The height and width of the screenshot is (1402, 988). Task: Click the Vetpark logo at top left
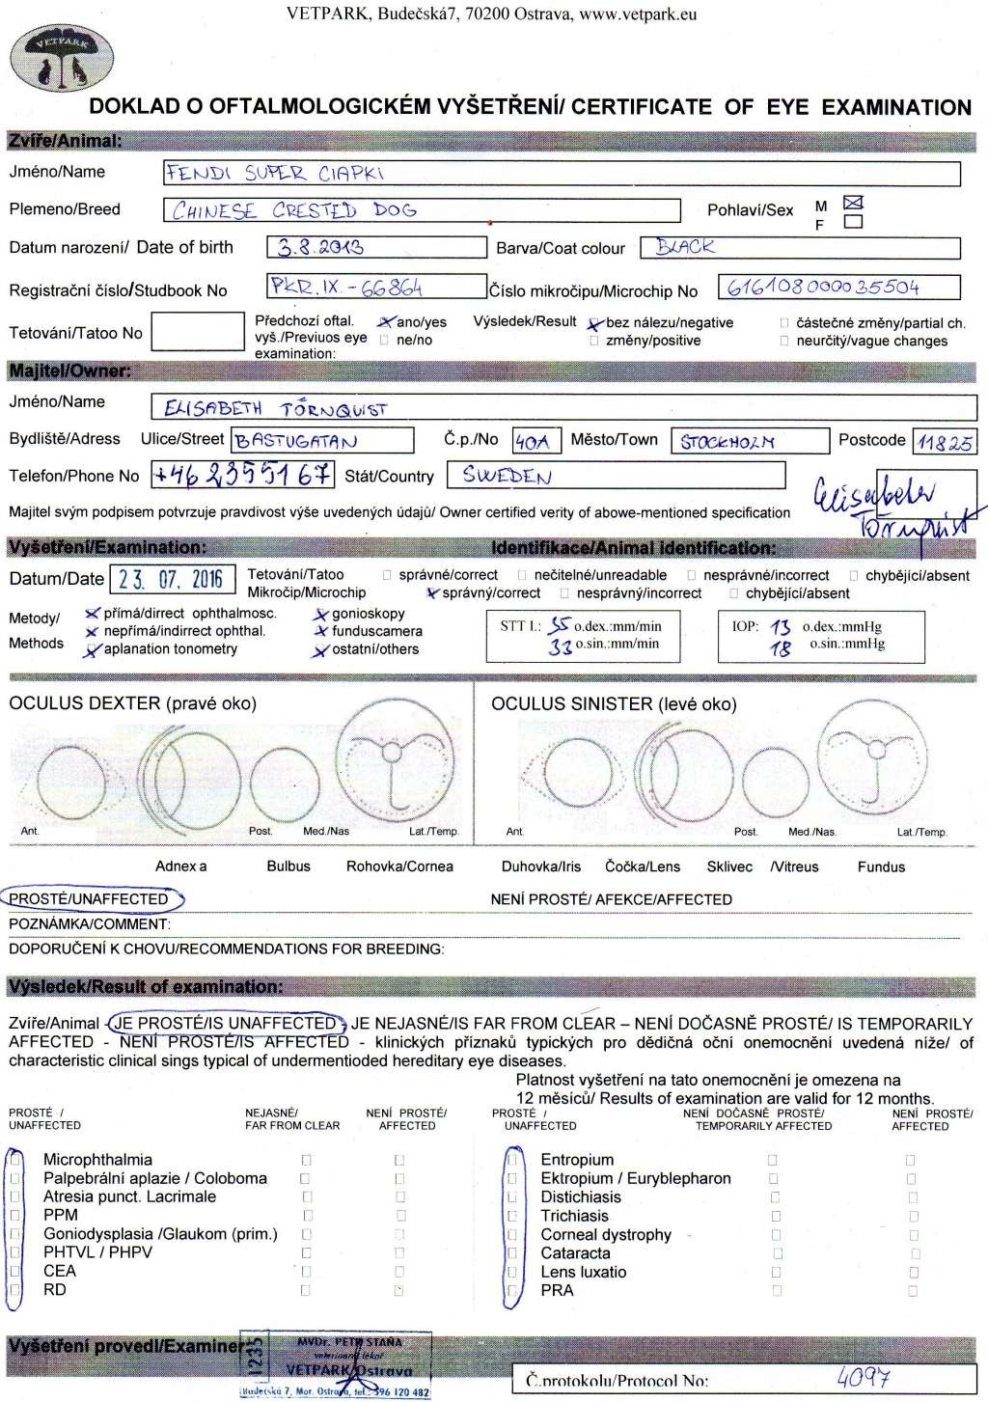(x=61, y=60)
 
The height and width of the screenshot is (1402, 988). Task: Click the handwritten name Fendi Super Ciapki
(x=275, y=174)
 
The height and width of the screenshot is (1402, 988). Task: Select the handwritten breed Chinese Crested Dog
(x=294, y=210)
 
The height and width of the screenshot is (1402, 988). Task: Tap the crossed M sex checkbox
(x=853, y=203)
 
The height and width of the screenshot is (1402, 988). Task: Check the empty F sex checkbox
(x=853, y=222)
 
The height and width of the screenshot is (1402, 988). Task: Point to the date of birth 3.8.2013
(x=320, y=247)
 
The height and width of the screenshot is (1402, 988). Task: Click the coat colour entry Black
(x=685, y=247)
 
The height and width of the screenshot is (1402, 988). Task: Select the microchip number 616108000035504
(x=823, y=288)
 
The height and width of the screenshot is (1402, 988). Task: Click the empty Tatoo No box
(x=198, y=332)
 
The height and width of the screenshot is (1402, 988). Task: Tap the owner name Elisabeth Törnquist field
(x=275, y=408)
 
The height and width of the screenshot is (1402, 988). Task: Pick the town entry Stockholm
(x=727, y=442)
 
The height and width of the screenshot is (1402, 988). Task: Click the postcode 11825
(x=945, y=443)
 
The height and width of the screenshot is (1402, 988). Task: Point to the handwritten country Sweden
(x=507, y=476)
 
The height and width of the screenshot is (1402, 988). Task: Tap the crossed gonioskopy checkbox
(x=320, y=614)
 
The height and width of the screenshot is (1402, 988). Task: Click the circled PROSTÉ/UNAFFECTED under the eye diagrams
(x=90, y=899)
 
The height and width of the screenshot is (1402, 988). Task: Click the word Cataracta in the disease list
(x=575, y=1252)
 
